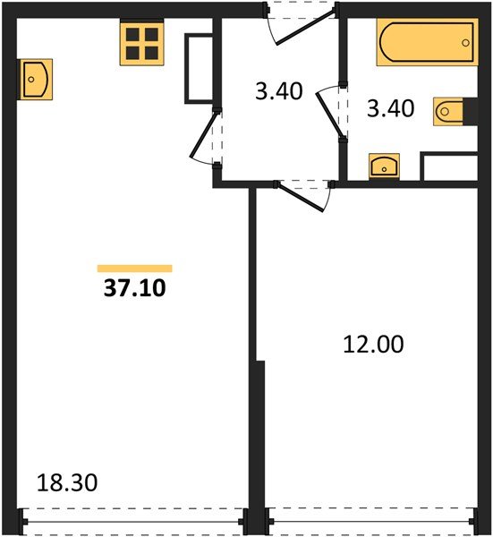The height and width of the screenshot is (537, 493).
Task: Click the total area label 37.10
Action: coord(135,288)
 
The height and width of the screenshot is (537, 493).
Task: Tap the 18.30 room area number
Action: coord(67,483)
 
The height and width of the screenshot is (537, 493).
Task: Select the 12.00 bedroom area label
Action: coord(373,345)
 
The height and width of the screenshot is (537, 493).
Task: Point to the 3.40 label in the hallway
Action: coord(279,91)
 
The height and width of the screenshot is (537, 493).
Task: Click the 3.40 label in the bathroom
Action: coord(391,108)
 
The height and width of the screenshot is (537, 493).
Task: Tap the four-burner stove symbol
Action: coord(141,42)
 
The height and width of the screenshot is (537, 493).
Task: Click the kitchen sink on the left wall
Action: coord(35,80)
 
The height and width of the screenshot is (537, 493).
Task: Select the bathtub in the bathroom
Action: coord(427,42)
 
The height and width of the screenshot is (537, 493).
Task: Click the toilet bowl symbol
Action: coord(448,112)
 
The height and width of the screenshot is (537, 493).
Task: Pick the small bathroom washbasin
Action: coord(384,166)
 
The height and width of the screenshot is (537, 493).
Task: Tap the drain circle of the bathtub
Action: coord(465,43)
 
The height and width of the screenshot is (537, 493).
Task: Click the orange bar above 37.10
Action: coord(134,268)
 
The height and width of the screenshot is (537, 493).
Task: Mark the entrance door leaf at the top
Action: coord(305,28)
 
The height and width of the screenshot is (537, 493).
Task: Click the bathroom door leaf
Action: coord(329,114)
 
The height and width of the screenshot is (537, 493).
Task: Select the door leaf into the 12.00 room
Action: coord(301,198)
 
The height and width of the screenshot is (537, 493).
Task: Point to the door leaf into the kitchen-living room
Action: coord(203,136)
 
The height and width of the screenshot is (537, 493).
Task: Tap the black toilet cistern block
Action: coord(471,111)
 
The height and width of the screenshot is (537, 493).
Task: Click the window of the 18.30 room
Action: coord(133,522)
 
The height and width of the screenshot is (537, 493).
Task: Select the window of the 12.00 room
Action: coord(371,521)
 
